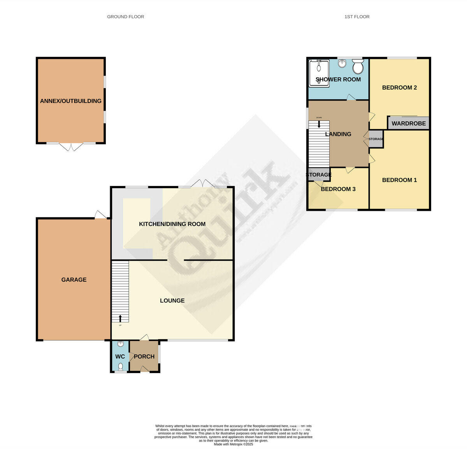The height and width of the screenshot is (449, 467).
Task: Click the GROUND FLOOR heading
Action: click(x=125, y=17)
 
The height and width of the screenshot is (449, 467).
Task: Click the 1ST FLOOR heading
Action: click(x=356, y=17)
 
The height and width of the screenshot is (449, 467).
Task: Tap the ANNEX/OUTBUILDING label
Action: click(x=71, y=101)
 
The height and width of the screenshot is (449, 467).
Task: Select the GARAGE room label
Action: click(x=74, y=280)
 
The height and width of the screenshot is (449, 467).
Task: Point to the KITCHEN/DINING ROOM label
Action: click(x=172, y=224)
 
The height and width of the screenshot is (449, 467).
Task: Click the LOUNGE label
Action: click(x=172, y=301)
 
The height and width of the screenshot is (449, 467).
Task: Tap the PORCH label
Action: click(x=144, y=357)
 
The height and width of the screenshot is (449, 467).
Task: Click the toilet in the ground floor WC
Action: click(x=121, y=367)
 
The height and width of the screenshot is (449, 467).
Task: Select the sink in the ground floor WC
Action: click(x=121, y=344)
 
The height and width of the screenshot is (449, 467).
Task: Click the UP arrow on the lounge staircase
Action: click(x=120, y=319)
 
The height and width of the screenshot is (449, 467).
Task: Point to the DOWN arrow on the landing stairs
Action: click(x=319, y=124)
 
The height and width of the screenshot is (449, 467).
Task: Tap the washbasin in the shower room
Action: click(x=342, y=64)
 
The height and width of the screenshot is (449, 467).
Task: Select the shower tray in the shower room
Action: click(x=319, y=72)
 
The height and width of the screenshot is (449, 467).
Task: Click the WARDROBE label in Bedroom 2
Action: click(x=409, y=124)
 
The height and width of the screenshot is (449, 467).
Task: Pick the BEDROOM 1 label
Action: click(x=399, y=180)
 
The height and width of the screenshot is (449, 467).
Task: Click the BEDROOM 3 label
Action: click(x=338, y=189)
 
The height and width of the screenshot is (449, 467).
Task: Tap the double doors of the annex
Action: click(x=71, y=147)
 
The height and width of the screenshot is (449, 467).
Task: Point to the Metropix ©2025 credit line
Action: click(x=233, y=444)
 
